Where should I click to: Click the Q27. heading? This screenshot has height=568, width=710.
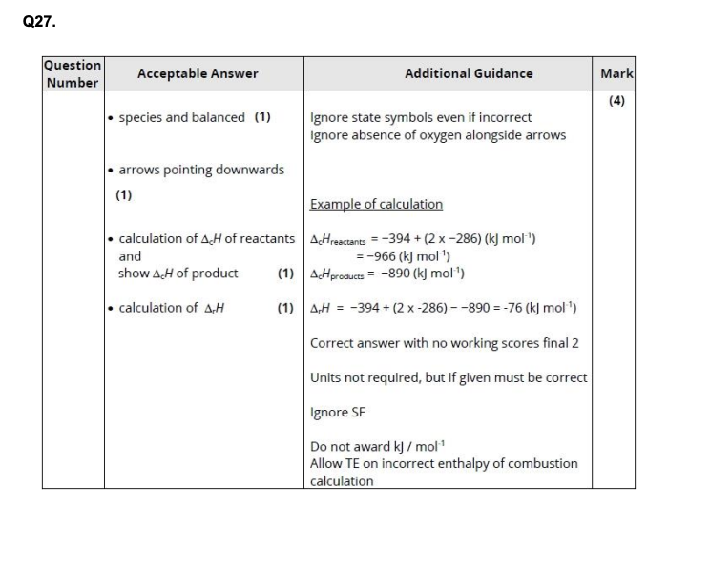click(x=38, y=21)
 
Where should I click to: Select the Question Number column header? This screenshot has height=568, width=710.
click(x=72, y=73)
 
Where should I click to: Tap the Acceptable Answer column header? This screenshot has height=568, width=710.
click(x=198, y=73)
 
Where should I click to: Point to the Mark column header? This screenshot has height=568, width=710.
click(x=616, y=73)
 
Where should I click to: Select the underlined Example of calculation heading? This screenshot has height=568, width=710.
click(x=376, y=204)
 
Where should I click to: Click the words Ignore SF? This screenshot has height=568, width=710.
click(x=337, y=413)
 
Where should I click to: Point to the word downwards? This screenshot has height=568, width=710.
click(x=251, y=170)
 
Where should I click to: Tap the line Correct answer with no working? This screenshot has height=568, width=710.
click(x=445, y=343)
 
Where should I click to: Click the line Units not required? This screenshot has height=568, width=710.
click(x=449, y=377)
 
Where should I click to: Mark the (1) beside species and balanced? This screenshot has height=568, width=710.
click(x=261, y=117)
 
